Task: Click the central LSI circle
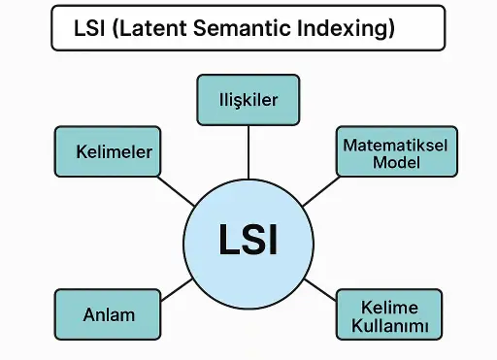[247, 241]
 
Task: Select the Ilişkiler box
[248, 100]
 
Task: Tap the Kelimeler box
[107, 152]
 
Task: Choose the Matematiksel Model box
[396, 152]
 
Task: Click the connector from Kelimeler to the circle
[177, 190]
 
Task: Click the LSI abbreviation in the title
[90, 29]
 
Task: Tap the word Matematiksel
[396, 144]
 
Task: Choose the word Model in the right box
[396, 162]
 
